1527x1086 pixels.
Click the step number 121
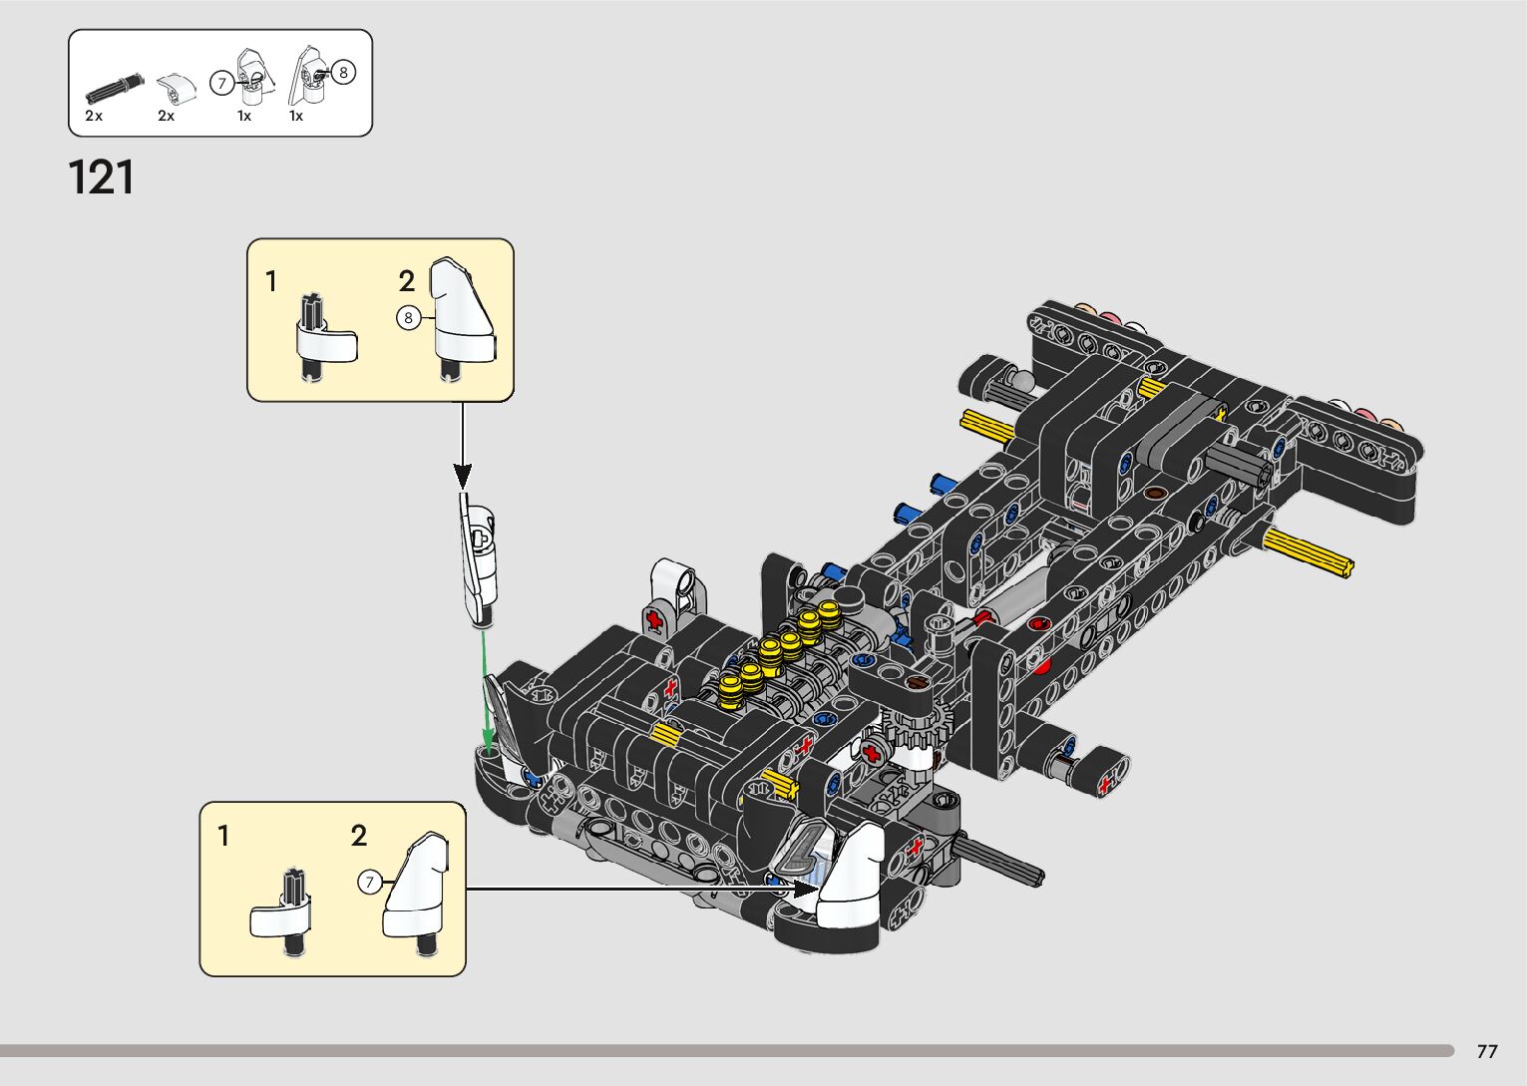(x=101, y=178)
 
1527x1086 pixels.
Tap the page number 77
(x=1487, y=1050)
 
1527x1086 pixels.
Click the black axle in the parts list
(x=115, y=89)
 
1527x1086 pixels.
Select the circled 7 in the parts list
(x=220, y=84)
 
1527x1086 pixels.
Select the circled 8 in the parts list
(x=343, y=72)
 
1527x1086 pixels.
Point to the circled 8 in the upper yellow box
(x=408, y=318)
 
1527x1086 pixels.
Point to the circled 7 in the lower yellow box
(x=369, y=883)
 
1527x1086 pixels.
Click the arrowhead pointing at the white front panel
(x=805, y=889)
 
